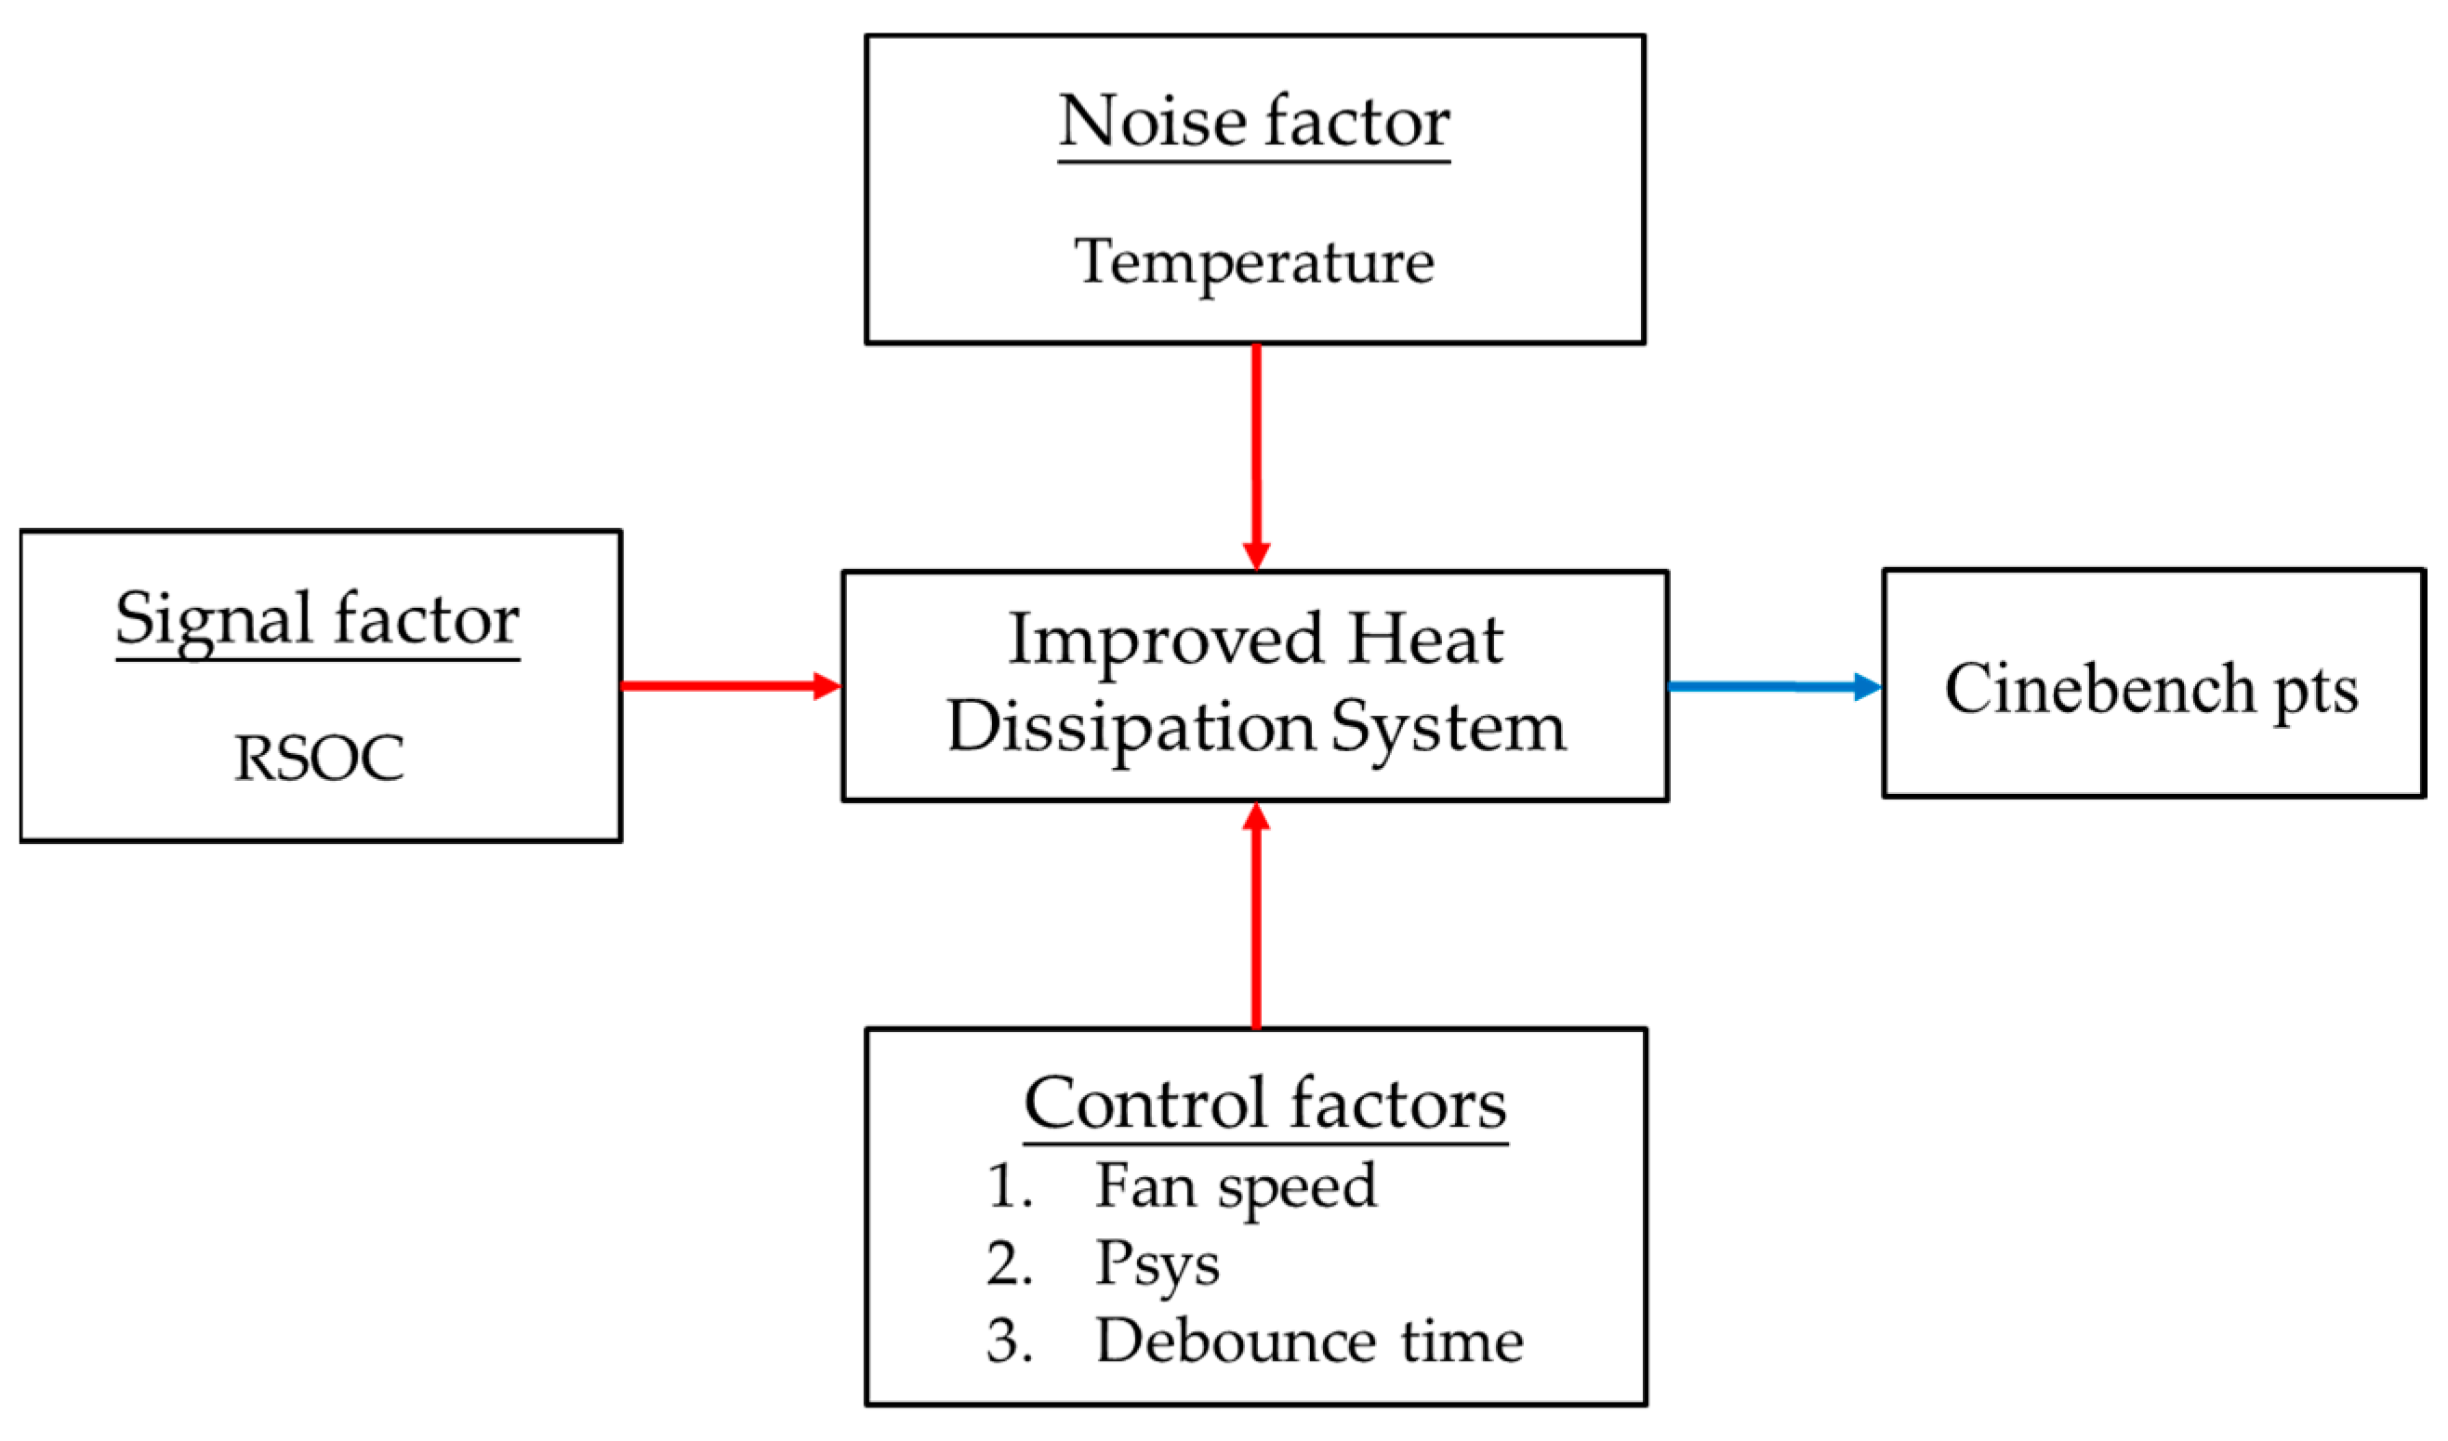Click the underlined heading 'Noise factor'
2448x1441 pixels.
[x=1253, y=123]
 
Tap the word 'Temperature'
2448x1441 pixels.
[x=1253, y=262]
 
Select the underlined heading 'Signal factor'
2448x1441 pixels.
[x=317, y=619]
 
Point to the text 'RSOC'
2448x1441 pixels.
[x=319, y=758]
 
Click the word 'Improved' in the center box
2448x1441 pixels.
[x=1166, y=641]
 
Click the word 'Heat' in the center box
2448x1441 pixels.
[x=1425, y=640]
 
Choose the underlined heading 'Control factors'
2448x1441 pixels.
[x=1264, y=1105]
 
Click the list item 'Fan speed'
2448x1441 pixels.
[x=1236, y=1187]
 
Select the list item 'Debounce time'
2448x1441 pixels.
[x=1308, y=1342]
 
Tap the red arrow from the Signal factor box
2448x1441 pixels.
[x=729, y=686]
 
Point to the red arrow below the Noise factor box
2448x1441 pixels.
[x=1256, y=456]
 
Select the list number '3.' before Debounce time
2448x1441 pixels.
[x=1009, y=1342]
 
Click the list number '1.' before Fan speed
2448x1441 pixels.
[x=1009, y=1187]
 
